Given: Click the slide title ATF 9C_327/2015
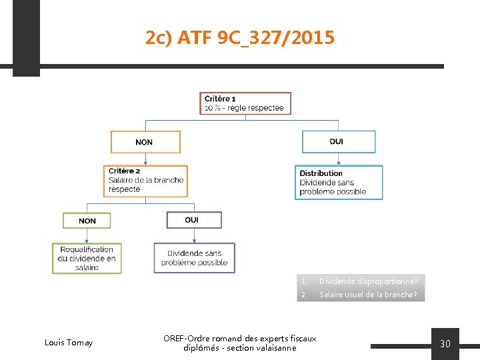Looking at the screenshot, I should coord(240,38).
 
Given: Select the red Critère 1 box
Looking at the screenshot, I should coord(245,103).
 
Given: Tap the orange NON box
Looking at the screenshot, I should coord(145,142).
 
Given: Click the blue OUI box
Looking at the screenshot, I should coord(339,141).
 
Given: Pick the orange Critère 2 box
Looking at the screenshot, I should coord(145,181).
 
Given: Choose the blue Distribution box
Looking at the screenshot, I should coord(339,183).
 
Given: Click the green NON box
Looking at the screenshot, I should coord(87,221).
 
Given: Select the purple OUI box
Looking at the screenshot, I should coord(193,219).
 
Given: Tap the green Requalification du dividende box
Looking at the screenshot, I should coord(87,259).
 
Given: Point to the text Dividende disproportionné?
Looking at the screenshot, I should coord(368,281).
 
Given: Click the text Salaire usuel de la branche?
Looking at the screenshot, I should coord(368,295).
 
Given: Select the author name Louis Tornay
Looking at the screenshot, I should coord(69,343).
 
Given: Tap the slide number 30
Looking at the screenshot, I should coord(445,344).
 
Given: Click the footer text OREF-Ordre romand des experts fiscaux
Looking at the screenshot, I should coord(240,339).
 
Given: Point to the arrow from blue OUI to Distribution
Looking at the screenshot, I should coord(339,159).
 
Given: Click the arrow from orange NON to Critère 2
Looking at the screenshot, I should coord(145,159).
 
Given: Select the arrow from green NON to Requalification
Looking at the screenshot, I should coord(87,236).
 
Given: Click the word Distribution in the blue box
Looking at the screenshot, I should coord(321,173).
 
